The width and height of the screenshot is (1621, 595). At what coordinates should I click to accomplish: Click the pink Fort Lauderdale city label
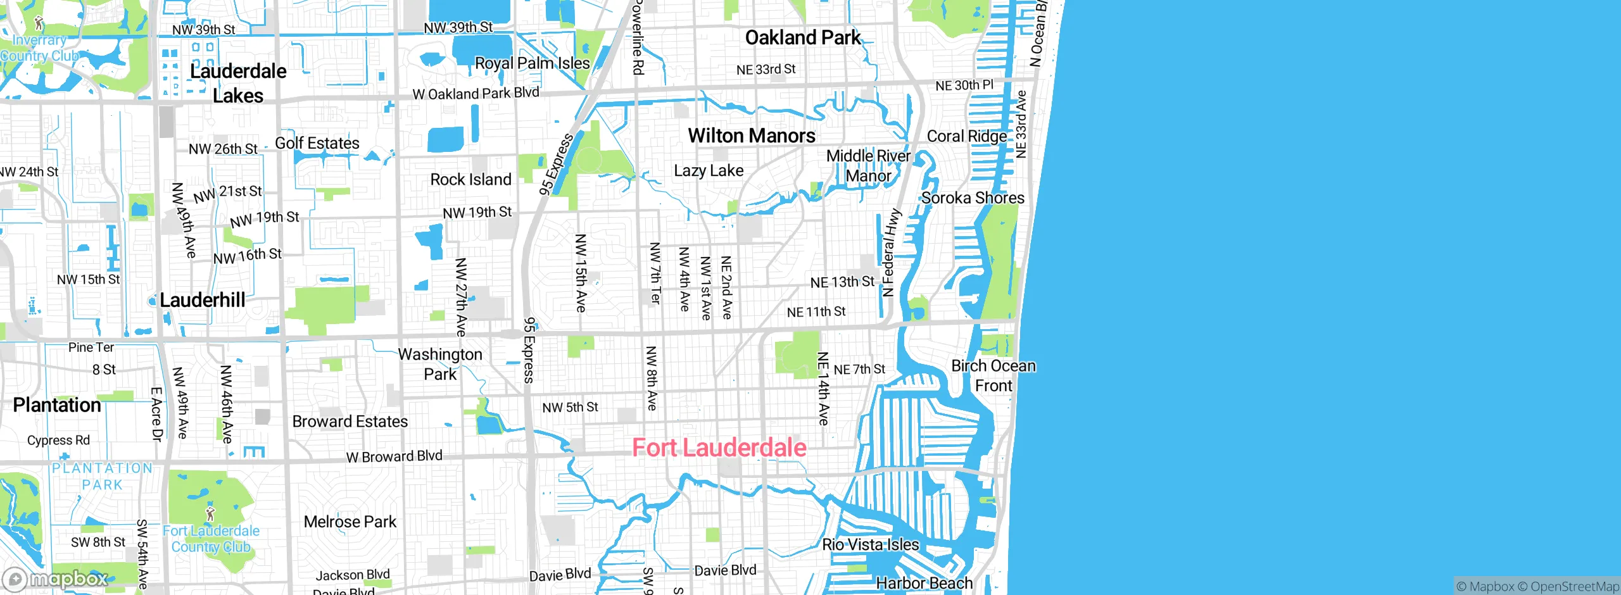point(719,448)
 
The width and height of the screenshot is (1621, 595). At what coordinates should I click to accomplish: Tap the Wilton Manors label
point(752,135)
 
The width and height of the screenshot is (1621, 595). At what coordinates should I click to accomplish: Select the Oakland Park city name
point(803,37)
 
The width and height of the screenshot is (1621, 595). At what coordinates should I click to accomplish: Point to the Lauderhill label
point(202,300)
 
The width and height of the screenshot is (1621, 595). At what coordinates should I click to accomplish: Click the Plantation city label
point(57,405)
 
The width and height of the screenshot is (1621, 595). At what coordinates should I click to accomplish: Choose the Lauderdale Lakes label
point(238,83)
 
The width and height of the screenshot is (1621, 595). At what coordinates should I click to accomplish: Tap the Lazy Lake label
point(709,171)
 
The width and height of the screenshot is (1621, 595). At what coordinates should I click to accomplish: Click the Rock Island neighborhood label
point(470,180)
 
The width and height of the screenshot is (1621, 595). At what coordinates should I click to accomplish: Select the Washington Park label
point(440,364)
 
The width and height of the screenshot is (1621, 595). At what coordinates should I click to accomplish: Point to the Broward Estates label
point(350,422)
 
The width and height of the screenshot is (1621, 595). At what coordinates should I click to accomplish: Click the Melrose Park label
point(350,522)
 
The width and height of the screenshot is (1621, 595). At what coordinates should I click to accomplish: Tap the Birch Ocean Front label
point(993,375)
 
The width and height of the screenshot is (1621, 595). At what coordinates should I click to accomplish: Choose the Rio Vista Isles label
point(870,545)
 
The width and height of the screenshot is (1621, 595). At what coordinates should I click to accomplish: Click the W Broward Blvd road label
point(394,456)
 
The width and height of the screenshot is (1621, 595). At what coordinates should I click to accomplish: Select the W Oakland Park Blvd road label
point(476,94)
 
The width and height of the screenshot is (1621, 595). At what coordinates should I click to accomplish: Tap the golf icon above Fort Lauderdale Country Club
point(210,513)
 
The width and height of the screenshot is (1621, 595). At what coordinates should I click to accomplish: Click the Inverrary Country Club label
point(39,48)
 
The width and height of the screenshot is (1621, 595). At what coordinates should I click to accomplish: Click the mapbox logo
point(55,579)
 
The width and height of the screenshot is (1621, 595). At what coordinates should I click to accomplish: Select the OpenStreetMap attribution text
point(1574,587)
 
